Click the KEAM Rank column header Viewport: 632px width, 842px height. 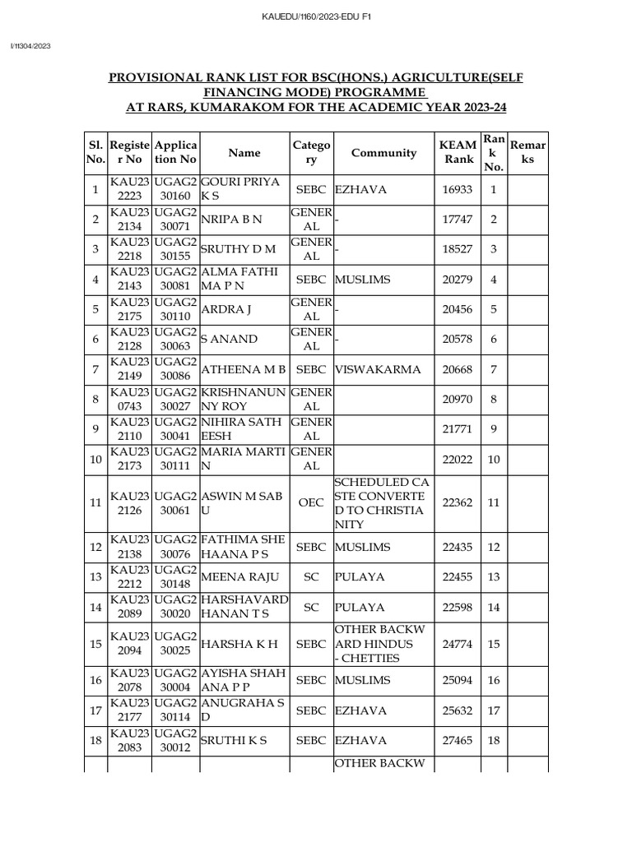coord(459,152)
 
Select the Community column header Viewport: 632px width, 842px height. coord(383,152)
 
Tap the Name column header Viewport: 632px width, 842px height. coord(244,152)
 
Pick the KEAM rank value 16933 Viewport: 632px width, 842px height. coord(458,190)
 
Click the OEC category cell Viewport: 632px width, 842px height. coord(311,502)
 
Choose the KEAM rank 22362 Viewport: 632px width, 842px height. coord(458,502)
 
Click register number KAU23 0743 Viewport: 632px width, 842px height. coord(129,400)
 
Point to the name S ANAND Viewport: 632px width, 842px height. coord(229,340)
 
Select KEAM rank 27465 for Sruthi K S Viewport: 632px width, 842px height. coord(458,741)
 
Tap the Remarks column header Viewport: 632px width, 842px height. coord(527,152)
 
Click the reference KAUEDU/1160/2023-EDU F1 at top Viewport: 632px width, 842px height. coord(316,16)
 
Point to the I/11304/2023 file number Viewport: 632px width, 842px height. coord(30,46)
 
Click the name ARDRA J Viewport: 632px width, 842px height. coord(227,310)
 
